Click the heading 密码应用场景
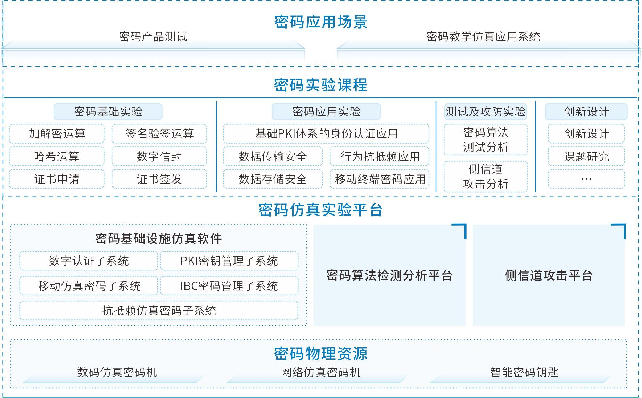tap(321, 22)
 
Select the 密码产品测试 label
tap(153, 36)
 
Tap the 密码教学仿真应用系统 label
tap(483, 36)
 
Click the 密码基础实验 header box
tap(108, 112)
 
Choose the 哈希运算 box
tap(57, 156)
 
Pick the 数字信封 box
tap(159, 156)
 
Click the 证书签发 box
tap(159, 179)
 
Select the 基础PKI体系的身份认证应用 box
tap(326, 133)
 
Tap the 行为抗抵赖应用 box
tap(380, 156)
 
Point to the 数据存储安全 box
tap(273, 179)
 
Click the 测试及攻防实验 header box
tap(485, 112)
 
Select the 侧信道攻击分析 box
tap(485, 176)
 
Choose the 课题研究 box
tap(586, 156)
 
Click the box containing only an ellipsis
tap(586, 179)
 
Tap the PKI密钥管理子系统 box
tap(229, 261)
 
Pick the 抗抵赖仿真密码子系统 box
tap(159, 310)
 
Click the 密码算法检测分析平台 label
tap(389, 275)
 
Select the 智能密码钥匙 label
tap(524, 372)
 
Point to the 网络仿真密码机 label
tap(321, 372)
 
